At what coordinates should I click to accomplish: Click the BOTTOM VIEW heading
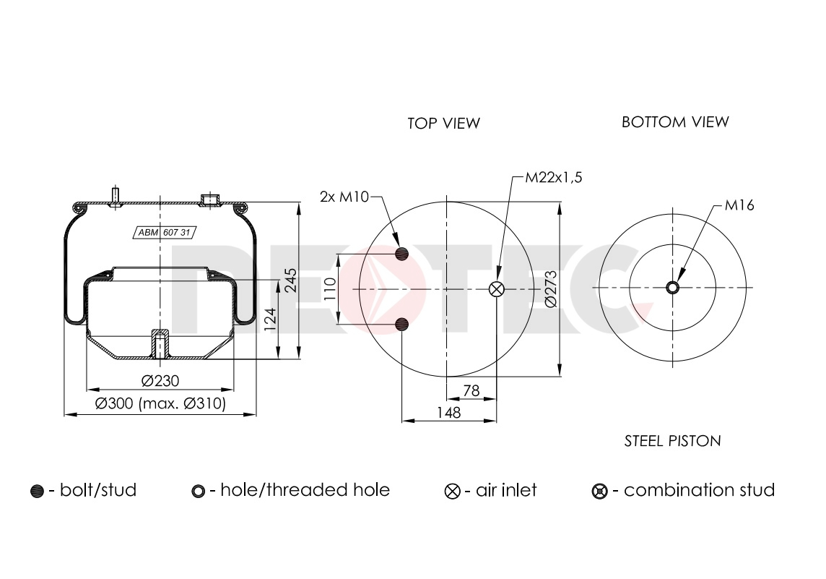pos(675,121)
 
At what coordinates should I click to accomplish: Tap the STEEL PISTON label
pos(672,440)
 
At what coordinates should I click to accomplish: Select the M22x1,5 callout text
pos(553,178)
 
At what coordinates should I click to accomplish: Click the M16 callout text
pos(739,206)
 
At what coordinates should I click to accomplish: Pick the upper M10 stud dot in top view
pos(402,253)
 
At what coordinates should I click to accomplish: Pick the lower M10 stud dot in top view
pos(402,323)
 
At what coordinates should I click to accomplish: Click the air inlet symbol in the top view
pos(497,288)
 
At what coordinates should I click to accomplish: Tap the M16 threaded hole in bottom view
pos(672,288)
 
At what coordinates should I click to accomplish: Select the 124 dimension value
pos(270,319)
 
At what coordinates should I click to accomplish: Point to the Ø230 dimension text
pos(160,381)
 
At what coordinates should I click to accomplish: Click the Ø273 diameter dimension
pos(551,288)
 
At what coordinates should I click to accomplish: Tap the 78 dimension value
pos(471,391)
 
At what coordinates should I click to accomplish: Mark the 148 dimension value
pos(448,413)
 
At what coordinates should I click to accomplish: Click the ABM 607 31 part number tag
pos(165,232)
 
